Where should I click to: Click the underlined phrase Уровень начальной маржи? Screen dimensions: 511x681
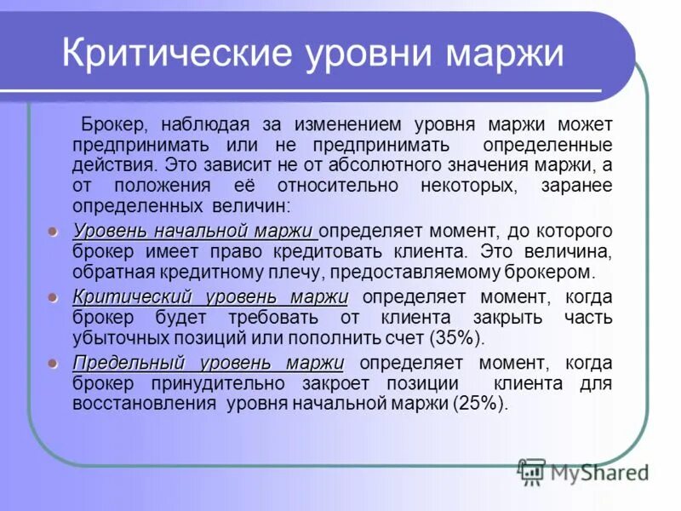(195, 231)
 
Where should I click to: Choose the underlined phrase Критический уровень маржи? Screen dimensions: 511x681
(210, 296)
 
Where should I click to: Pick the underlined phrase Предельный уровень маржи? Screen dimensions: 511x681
(208, 363)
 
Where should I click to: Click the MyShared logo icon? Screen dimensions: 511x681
(531, 471)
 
